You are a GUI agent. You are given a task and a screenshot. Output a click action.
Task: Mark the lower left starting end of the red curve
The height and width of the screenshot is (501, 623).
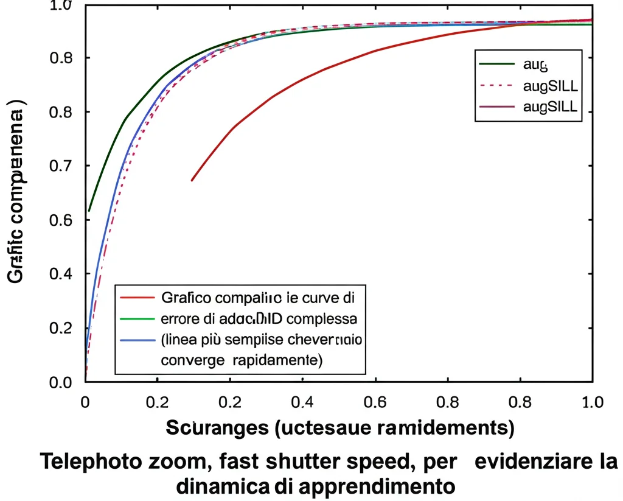192,180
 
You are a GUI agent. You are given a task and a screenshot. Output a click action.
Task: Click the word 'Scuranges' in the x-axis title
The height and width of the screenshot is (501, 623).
217,427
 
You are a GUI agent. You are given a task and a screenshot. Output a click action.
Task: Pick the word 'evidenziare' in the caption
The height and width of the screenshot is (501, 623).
528,462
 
